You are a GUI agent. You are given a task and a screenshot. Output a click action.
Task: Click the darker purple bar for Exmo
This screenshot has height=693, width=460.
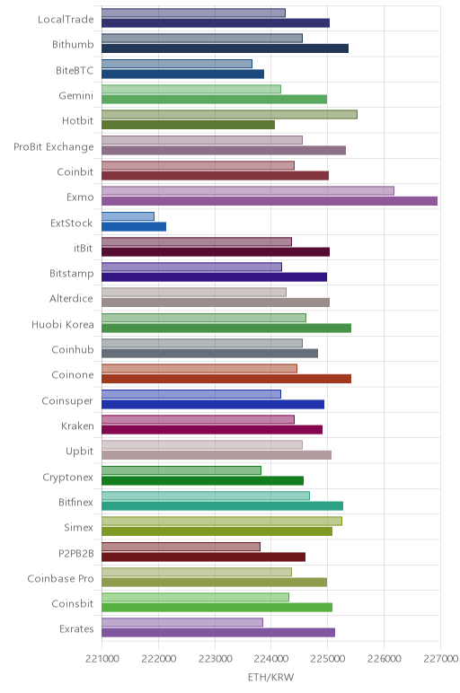[x=270, y=201]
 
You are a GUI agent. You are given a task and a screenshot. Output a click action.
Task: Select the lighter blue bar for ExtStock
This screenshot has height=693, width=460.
[x=128, y=216]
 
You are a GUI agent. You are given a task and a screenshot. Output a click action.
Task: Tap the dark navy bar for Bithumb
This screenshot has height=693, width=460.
[x=226, y=48]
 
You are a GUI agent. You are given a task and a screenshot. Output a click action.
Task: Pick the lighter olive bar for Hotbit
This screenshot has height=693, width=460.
[x=230, y=115]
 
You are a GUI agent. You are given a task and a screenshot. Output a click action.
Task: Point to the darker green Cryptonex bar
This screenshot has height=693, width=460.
[x=202, y=481]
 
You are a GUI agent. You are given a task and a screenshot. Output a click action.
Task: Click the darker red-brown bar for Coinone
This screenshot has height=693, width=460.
[x=226, y=379]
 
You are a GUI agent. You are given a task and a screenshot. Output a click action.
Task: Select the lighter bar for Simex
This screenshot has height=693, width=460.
[x=222, y=521]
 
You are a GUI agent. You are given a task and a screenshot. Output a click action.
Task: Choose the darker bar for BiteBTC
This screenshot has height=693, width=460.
[x=182, y=75]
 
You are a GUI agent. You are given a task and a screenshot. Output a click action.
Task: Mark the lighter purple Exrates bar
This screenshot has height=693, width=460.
[x=182, y=623]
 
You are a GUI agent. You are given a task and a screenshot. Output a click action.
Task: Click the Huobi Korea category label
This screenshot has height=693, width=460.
[x=62, y=325]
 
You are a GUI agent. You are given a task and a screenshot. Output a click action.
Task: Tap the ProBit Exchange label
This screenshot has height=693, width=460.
[x=54, y=147]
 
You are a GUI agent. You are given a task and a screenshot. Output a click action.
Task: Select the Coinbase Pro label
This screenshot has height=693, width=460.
[x=60, y=578]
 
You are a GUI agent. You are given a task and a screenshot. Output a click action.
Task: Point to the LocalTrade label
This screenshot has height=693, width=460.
[x=66, y=20]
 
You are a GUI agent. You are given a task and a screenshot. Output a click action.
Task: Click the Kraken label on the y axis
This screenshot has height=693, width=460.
[x=77, y=426]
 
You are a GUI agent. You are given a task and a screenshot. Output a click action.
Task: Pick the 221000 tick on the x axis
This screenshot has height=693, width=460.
[x=102, y=659]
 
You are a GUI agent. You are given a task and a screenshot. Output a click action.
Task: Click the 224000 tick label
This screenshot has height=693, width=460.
[x=271, y=659]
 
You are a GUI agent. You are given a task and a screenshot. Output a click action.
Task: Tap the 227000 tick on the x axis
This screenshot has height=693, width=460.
[x=440, y=659]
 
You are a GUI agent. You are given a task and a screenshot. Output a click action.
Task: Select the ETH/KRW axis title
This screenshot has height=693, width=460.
[x=270, y=677]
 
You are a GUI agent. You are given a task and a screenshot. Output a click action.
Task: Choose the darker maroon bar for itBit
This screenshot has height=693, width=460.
[x=216, y=252]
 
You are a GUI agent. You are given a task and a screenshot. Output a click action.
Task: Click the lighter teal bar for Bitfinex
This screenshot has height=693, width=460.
[x=206, y=496]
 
